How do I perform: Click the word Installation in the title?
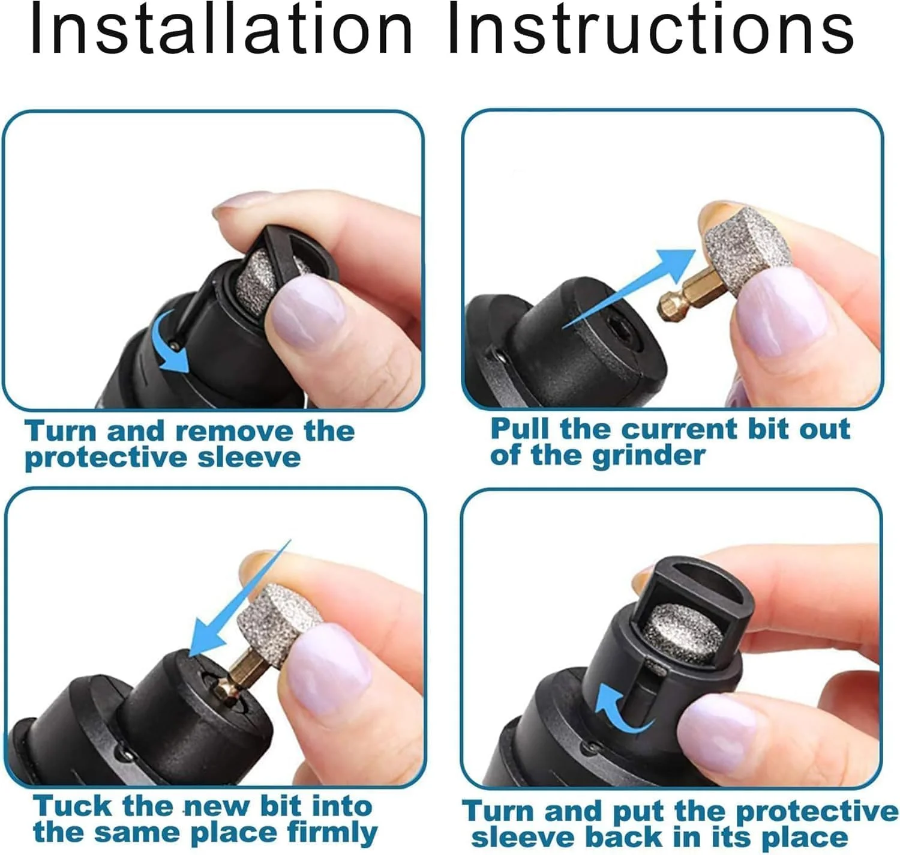click(x=221, y=29)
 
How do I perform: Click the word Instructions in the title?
click(x=650, y=29)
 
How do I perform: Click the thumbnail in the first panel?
click(x=306, y=307)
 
